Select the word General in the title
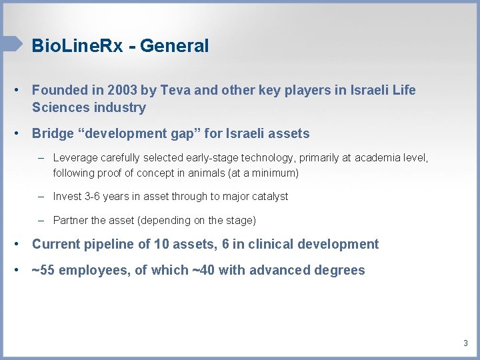[175, 46]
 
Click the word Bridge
[53, 133]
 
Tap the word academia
[379, 158]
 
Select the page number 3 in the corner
[465, 343]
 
